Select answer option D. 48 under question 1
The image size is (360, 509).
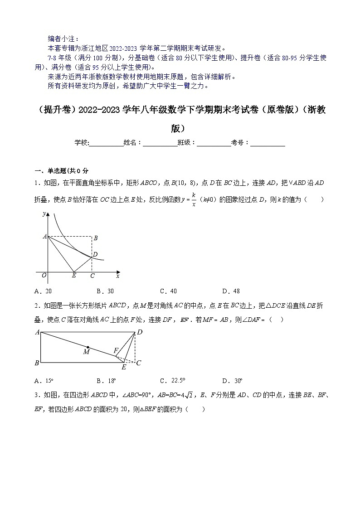(231, 291)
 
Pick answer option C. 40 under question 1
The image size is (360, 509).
(168, 291)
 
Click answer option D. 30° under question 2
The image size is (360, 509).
(232, 381)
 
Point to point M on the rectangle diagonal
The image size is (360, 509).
(88, 347)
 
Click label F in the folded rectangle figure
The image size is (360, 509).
(116, 350)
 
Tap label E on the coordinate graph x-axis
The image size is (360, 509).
(74, 276)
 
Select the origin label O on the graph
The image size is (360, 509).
(44, 276)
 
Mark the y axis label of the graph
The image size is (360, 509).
(44, 213)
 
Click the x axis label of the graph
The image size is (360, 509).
(118, 276)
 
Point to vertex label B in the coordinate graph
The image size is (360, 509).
(96, 238)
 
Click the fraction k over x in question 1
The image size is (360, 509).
(194, 199)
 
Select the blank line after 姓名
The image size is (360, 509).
(160, 142)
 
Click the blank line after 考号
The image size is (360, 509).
(268, 142)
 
